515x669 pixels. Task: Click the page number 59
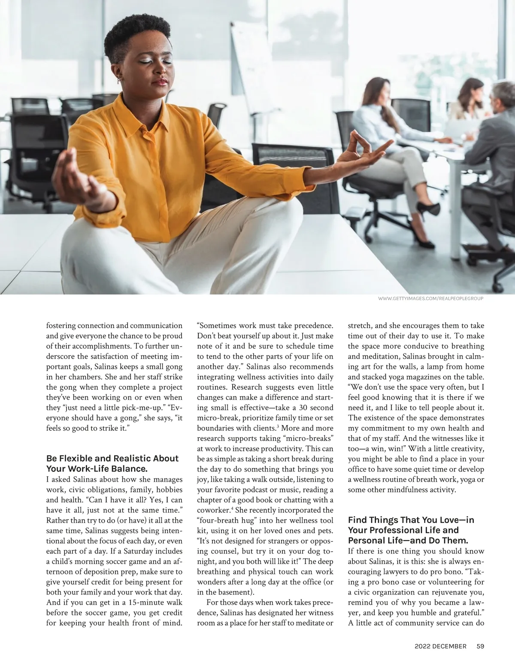tap(480, 646)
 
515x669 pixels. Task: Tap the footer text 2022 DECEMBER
tap(440, 646)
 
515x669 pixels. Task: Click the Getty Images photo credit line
tap(431, 299)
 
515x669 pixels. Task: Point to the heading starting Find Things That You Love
tap(411, 530)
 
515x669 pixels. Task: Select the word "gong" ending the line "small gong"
tap(174, 366)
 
